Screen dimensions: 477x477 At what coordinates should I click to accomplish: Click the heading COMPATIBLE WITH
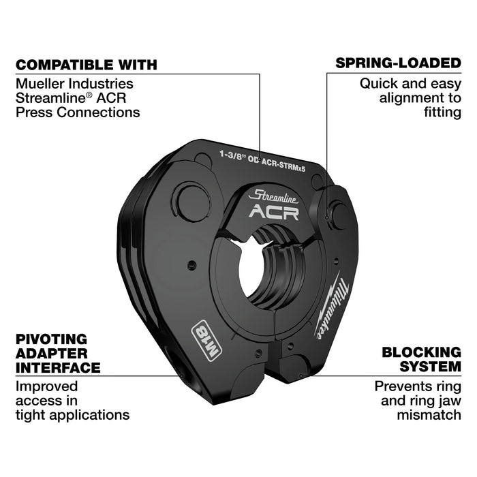pyautogui.click(x=86, y=65)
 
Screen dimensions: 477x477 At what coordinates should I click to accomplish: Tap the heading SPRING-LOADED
pyautogui.click(x=398, y=63)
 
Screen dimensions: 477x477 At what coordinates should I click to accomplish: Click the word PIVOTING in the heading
pyautogui.click(x=52, y=339)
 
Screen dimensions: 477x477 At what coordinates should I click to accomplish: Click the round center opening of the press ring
pyautogui.click(x=254, y=268)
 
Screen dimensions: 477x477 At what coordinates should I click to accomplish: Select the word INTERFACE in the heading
pyautogui.click(x=58, y=368)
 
